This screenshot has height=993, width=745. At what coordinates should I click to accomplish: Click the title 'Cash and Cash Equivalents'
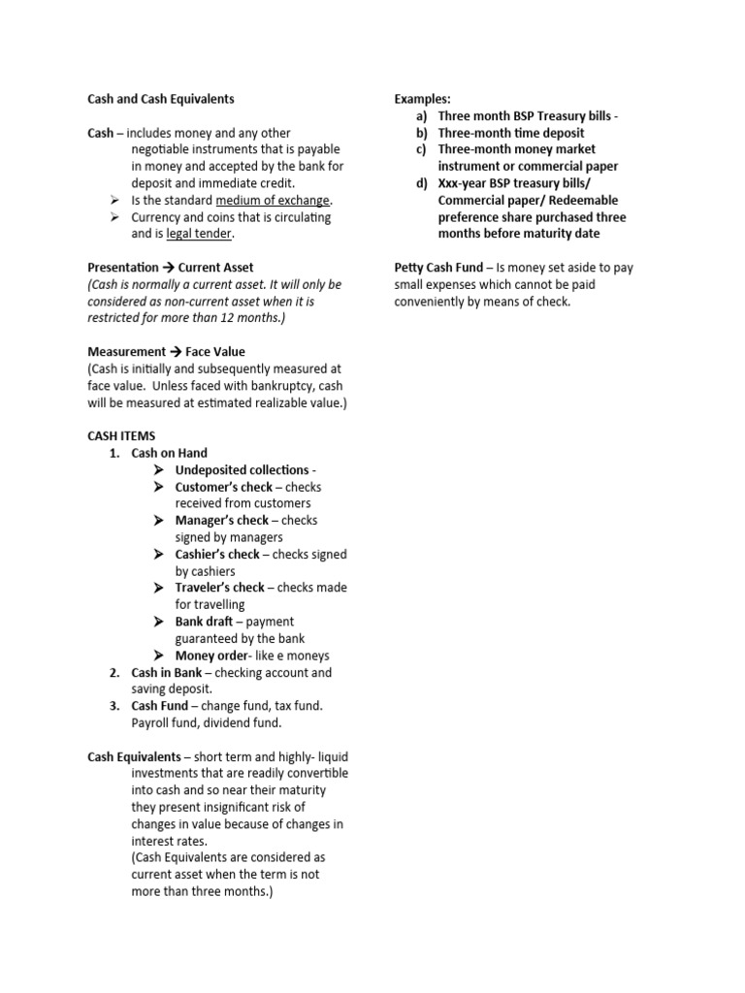[x=161, y=99]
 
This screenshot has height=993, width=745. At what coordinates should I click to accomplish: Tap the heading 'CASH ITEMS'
[x=121, y=436]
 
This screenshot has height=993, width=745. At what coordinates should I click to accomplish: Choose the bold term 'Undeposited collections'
[x=242, y=470]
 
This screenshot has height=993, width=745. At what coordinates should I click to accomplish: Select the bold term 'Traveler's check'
[x=220, y=588]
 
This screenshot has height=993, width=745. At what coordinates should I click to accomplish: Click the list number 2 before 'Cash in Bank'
[x=113, y=673]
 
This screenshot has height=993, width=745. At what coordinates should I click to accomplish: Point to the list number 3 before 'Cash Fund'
[x=113, y=706]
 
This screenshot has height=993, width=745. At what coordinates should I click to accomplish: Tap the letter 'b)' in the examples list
[x=422, y=133]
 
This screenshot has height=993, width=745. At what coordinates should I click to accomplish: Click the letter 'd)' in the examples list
[x=422, y=183]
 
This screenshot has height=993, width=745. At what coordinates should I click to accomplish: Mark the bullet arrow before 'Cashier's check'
[x=159, y=555]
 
